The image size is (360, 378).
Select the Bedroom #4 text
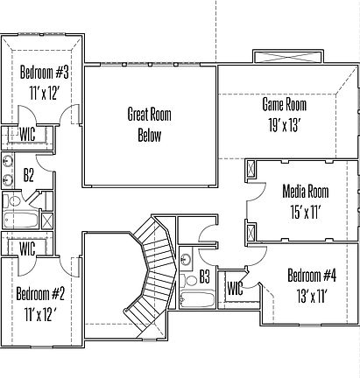[x=311, y=276]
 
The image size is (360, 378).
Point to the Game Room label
[x=285, y=104]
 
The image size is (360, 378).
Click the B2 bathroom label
[x=28, y=176]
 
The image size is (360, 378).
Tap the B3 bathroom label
[x=204, y=276]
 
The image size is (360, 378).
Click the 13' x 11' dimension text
[x=311, y=296]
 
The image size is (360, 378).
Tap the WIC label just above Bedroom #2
[x=26, y=248]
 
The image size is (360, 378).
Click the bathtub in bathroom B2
[x=17, y=220]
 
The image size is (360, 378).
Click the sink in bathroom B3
[x=185, y=260]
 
